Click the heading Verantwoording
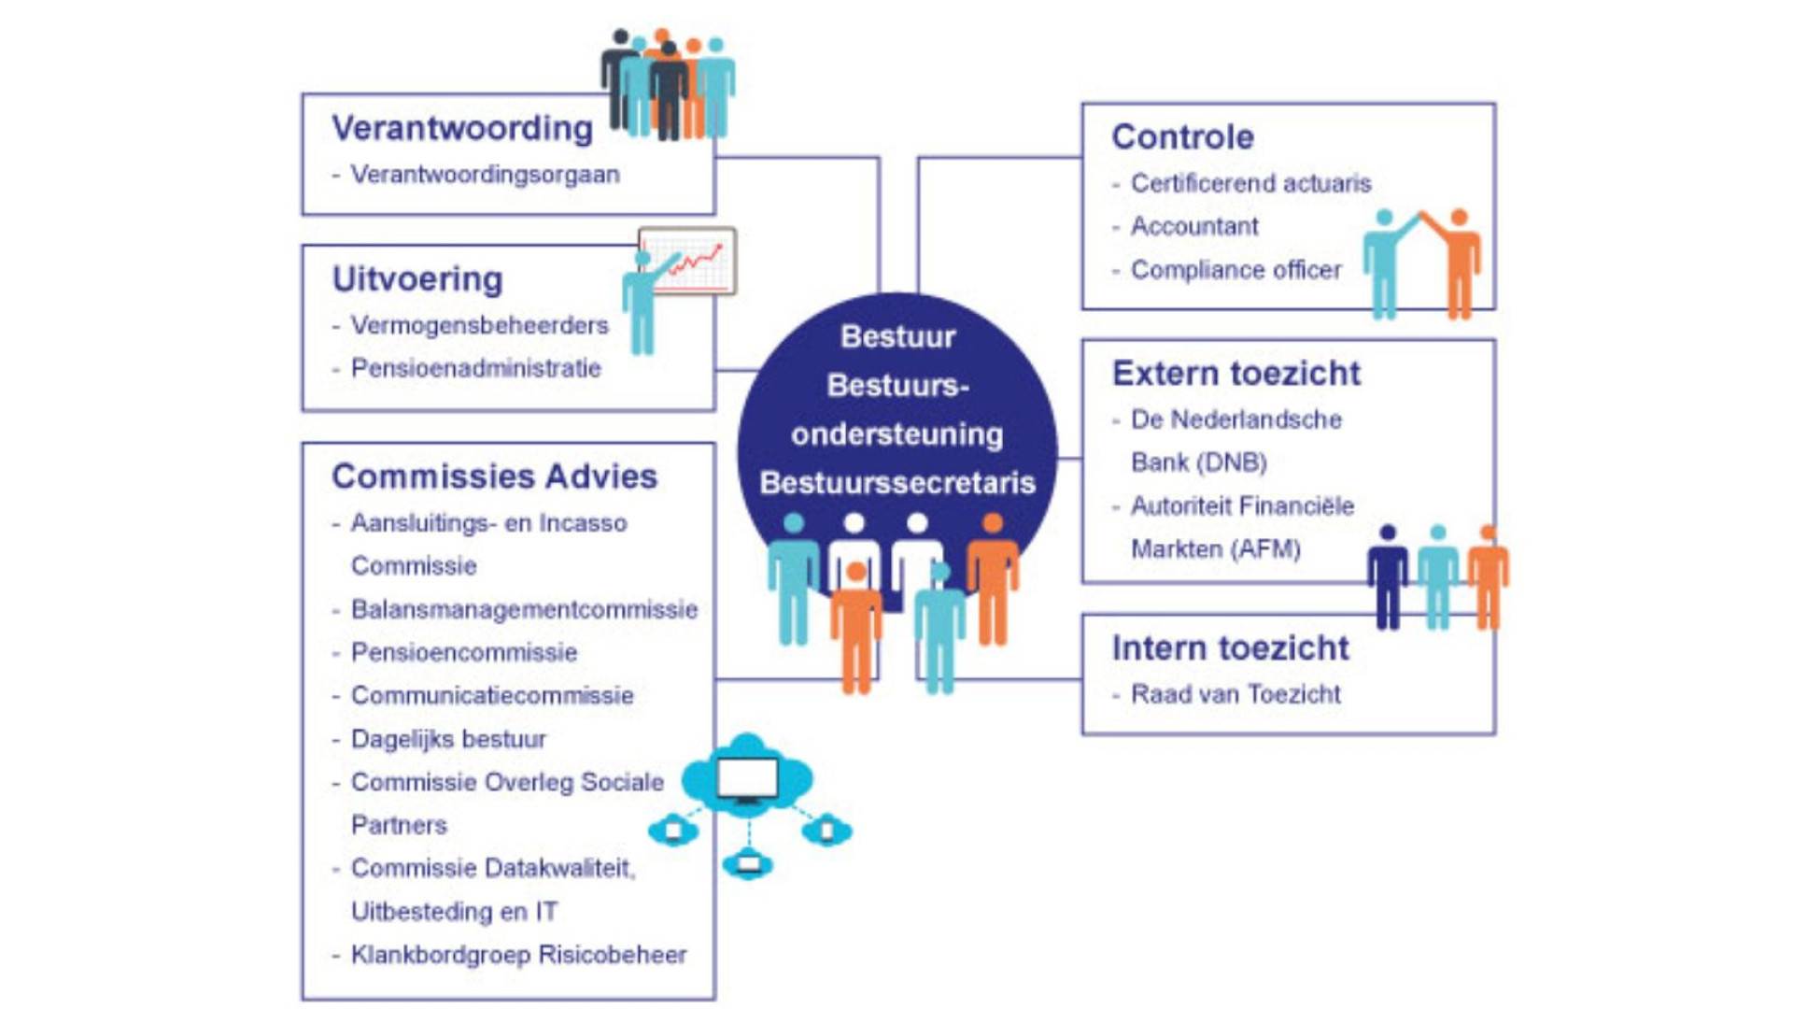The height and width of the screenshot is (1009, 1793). [462, 128]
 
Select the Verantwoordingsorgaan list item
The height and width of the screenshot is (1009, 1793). [485, 175]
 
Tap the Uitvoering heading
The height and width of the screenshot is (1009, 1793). [417, 279]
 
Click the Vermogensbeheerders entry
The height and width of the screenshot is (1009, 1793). [479, 325]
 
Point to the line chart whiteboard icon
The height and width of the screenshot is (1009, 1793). [688, 262]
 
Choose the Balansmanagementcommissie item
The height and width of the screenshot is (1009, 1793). [524, 609]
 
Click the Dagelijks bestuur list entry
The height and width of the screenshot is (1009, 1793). [448, 739]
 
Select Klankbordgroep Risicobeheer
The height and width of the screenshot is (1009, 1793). [518, 955]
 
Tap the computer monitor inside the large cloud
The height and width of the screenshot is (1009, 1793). [747, 778]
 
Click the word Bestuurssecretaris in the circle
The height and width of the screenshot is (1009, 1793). [897, 483]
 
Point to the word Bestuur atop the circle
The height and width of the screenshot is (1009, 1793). [897, 336]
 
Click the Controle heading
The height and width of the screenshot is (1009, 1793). [1182, 137]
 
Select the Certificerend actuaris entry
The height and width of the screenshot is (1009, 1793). [1250, 183]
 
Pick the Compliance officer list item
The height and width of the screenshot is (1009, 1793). [1235, 270]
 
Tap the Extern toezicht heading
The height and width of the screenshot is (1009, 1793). [1235, 374]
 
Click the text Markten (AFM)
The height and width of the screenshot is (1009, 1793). [1216, 548]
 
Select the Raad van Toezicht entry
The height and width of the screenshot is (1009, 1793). [1235, 694]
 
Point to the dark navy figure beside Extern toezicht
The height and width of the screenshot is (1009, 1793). [1388, 577]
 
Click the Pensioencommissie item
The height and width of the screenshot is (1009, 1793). [464, 652]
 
